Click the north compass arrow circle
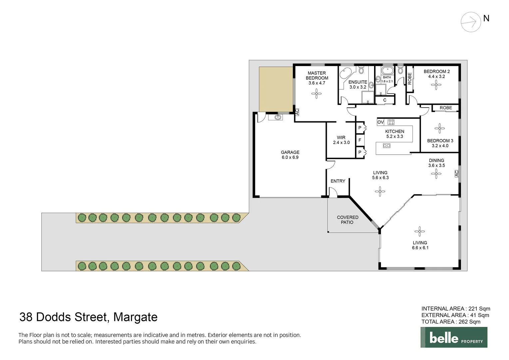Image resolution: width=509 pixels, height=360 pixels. tap(471, 22)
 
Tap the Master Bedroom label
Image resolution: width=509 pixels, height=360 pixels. tap(317, 78)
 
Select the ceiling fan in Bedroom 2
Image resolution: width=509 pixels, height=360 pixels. tap(436, 85)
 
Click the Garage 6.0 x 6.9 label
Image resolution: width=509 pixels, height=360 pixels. tap(290, 155)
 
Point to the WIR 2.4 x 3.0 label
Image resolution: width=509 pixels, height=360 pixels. tap(341, 140)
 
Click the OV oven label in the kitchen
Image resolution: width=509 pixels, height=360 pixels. tap(380, 122)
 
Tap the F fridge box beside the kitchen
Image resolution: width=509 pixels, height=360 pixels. tap(360, 140)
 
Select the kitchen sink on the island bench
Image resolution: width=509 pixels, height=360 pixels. tap(386, 146)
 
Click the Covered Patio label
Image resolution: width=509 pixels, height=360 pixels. tap(347, 220)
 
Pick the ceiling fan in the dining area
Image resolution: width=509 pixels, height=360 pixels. tap(436, 173)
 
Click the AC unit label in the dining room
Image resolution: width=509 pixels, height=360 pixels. tap(456, 173)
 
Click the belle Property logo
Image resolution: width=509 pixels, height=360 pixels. tap(454, 337)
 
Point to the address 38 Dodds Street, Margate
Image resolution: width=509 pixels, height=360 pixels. tap(88, 317)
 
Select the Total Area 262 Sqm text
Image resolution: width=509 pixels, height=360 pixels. tap(451, 322)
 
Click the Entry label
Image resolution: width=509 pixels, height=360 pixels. tap(338, 181)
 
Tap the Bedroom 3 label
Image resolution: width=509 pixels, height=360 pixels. tap(440, 143)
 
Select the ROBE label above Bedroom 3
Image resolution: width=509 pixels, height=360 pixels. tap(446, 108)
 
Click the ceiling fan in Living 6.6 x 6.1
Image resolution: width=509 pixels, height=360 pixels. tap(419, 231)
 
